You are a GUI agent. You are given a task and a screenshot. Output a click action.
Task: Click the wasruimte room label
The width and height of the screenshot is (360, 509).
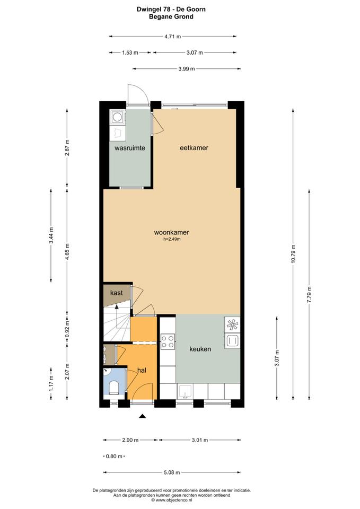point(129,148)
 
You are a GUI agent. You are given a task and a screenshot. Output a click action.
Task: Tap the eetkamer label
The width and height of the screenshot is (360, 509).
point(194,148)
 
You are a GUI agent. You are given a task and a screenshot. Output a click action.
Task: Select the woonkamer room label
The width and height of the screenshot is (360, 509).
point(171,232)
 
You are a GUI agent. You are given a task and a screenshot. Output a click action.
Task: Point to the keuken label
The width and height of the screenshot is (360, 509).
point(200,349)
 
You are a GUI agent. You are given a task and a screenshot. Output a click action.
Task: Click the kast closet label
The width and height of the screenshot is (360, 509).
point(117,293)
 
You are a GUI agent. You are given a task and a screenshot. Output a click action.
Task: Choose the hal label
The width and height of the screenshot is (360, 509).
point(142,370)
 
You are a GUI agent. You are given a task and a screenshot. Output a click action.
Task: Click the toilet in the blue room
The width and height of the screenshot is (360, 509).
point(114,387)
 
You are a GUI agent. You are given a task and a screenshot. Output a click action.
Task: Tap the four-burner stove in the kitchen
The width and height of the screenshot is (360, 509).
point(168,341)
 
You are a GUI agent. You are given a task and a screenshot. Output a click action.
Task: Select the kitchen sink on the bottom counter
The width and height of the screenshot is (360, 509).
point(185,391)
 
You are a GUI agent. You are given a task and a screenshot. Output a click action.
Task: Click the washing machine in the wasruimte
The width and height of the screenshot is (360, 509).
point(118,117)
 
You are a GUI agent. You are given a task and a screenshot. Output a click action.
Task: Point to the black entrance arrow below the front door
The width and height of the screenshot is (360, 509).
point(142,416)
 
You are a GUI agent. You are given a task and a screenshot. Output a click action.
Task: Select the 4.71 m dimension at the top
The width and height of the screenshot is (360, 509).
point(173,37)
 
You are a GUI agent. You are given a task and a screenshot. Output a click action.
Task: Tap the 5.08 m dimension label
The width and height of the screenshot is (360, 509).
point(172,472)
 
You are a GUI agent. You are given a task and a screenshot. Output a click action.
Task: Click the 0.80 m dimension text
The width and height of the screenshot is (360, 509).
point(114,456)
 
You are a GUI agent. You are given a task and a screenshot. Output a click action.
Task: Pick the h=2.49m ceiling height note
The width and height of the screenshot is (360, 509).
point(172,239)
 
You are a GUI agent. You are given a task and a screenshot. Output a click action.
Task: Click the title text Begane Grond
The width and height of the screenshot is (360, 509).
point(171,16)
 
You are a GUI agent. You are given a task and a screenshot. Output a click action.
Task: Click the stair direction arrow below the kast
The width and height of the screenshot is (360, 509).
point(117,309)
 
